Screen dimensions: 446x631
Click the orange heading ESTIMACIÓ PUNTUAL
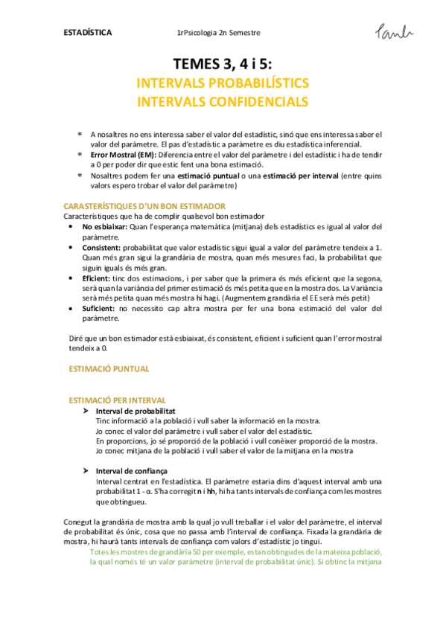pos(109,368)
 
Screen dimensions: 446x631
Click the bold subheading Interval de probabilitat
pos(136,410)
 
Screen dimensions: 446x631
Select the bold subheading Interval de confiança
pos(131,471)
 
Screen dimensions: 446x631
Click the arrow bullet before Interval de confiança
pos(86,471)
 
